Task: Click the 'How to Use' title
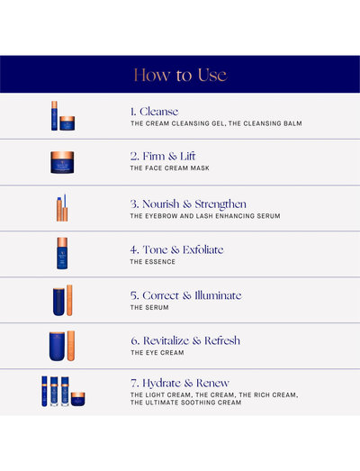[x=180, y=75]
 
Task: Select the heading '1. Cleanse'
[x=154, y=112]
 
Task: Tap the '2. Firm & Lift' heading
[x=163, y=156]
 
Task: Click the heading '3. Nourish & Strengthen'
[x=188, y=204]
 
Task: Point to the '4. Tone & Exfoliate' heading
[x=176, y=250]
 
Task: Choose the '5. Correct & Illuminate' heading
[x=186, y=295]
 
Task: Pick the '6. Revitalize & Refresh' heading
[x=185, y=340]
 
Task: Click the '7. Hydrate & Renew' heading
[x=180, y=384]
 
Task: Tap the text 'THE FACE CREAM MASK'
[x=169, y=168]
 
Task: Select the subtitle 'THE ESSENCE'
[x=152, y=262]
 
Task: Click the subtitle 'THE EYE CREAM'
[x=157, y=353]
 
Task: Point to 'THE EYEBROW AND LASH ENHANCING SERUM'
[x=205, y=216]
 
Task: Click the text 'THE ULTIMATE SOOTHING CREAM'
[x=186, y=403]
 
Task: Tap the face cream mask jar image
[x=62, y=162]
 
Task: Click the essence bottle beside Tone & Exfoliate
[x=62, y=253]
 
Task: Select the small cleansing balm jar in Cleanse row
[x=67, y=123]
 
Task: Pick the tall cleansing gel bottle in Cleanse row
[x=54, y=115]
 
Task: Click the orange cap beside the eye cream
[x=71, y=346]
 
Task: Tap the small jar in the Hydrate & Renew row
[x=77, y=399]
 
